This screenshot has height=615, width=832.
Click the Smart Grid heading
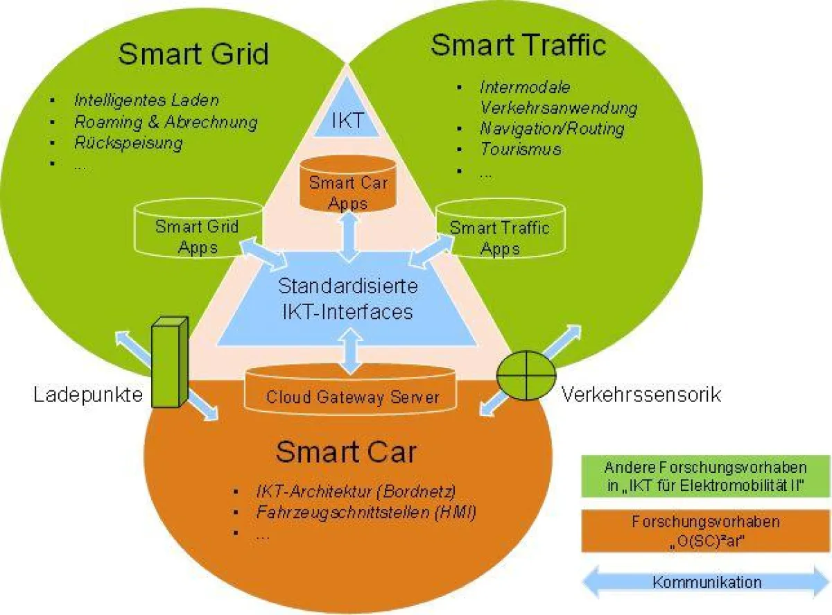coord(193,53)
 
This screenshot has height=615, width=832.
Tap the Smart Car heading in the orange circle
coord(346,452)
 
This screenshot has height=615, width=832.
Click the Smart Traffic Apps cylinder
coord(499,232)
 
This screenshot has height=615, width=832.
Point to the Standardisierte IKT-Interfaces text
coord(347,298)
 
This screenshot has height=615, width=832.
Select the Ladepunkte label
coord(88,395)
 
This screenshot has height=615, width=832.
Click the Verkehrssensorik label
coord(641,395)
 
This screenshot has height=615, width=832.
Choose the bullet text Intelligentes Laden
coord(146,99)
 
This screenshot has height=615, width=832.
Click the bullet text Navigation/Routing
coord(552,128)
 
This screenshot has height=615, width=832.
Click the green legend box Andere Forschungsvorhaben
coord(704,476)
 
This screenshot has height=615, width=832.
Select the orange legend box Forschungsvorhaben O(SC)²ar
coord(704,531)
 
